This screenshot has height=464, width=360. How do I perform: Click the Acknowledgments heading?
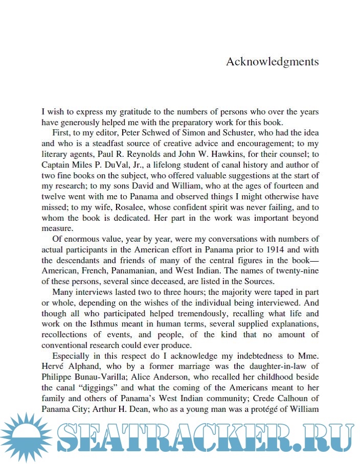272,62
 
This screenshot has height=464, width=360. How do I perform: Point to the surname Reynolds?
134,154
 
